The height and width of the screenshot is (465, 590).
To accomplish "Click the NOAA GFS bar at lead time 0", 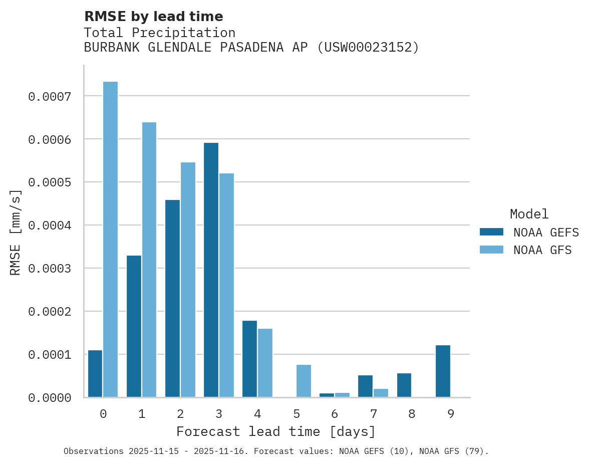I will point(110,240).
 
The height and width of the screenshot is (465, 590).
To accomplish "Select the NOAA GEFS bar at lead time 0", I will point(95,374).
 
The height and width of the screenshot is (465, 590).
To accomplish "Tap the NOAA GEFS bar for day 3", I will point(211,270).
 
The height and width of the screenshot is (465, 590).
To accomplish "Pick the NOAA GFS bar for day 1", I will point(149,260).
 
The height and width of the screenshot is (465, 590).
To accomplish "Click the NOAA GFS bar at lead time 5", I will point(304,381).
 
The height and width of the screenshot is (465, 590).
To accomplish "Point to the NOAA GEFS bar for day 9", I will point(443,371).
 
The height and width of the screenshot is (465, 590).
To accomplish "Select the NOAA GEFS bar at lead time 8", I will point(404,385).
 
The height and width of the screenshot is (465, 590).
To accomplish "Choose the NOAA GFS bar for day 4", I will point(265,363).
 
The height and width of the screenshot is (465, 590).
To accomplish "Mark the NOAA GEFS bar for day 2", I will point(172,299).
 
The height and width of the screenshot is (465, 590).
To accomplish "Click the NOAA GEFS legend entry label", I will point(546,232).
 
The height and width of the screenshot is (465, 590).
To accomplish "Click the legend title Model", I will point(529,214).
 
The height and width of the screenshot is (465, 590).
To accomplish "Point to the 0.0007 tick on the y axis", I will point(50,96).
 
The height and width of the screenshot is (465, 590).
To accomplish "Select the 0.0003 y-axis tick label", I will point(50,269).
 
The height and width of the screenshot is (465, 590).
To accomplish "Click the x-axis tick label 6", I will point(335,414).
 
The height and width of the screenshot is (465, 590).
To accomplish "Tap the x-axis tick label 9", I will point(451,414).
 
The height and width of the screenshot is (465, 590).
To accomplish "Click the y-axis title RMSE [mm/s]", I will point(16,232).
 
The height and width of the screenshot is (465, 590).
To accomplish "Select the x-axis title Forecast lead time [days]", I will point(276,431).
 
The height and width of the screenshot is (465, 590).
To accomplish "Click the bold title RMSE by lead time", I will point(153,17).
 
